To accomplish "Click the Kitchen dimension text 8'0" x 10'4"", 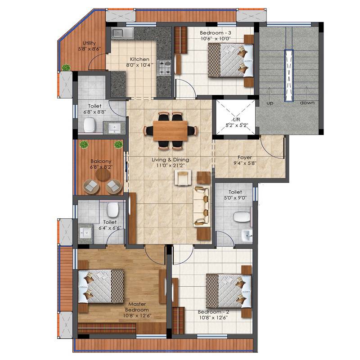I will tap(139, 65).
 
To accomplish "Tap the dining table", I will tap(170, 131).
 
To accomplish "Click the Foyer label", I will tap(244, 157).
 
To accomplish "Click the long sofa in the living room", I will tap(201, 206).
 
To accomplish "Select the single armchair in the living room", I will tap(183, 179).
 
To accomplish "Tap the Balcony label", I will tap(98, 161).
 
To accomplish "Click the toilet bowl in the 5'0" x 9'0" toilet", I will tap(241, 217).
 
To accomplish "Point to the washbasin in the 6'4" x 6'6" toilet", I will tap(85, 233).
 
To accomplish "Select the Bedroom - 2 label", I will tap(213, 311).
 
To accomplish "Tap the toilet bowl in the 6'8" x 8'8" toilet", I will tap(90, 124).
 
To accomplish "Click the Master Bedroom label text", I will tap(137, 307).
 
